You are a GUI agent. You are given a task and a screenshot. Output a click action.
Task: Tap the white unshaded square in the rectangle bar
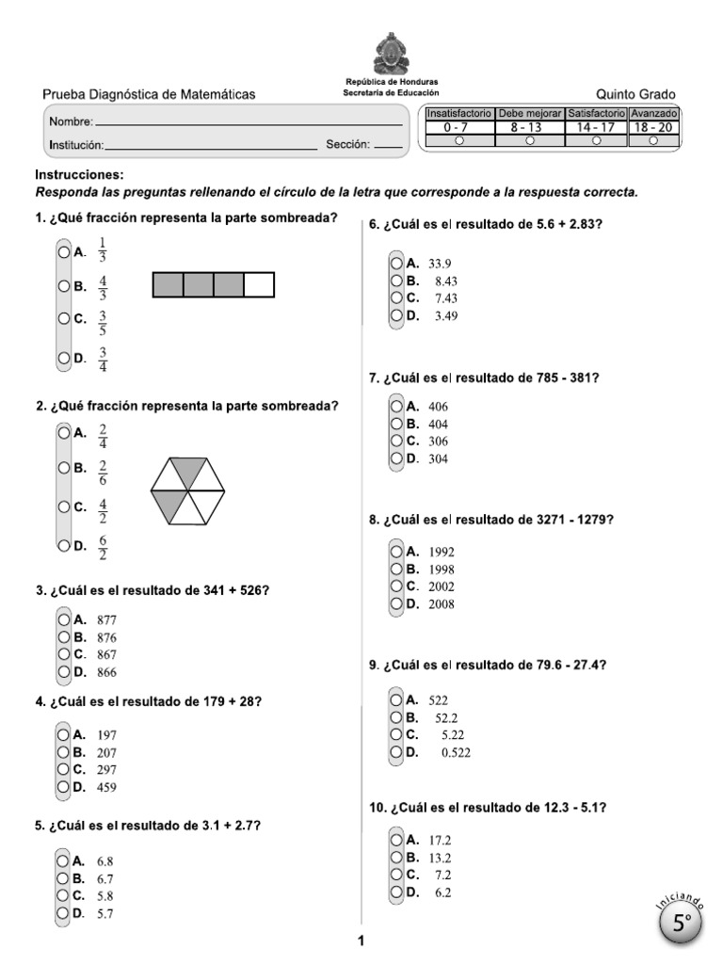click(x=259, y=284)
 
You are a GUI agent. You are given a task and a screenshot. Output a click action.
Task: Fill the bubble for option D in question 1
click(x=63, y=358)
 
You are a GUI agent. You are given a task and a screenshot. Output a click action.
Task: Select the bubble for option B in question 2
click(x=63, y=468)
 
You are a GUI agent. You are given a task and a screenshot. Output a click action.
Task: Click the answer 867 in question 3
click(x=106, y=654)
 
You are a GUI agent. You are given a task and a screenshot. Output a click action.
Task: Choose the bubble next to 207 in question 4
click(x=63, y=752)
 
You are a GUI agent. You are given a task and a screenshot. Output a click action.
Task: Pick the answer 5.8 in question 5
click(x=105, y=895)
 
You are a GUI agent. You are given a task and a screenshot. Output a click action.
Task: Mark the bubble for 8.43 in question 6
click(x=397, y=281)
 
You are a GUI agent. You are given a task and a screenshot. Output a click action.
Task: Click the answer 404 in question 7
click(x=438, y=425)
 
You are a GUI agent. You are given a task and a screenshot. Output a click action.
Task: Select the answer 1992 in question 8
click(x=442, y=552)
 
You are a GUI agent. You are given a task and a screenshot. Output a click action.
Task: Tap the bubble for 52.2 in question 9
click(x=397, y=716)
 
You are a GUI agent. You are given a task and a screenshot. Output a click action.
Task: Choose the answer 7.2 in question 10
click(x=442, y=875)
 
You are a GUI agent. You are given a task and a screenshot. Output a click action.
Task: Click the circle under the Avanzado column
click(x=653, y=140)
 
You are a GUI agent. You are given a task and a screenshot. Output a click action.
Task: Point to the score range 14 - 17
click(x=596, y=126)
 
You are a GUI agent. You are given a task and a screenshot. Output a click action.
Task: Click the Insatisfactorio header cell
click(x=458, y=113)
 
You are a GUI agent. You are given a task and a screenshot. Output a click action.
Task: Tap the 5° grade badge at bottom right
click(x=683, y=924)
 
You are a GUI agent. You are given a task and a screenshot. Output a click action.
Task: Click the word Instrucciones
click(x=79, y=175)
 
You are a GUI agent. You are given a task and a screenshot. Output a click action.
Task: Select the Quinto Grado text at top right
click(x=635, y=94)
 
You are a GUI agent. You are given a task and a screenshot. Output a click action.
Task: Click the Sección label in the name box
click(x=348, y=145)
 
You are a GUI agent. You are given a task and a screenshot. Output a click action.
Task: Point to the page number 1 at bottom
click(x=361, y=940)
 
